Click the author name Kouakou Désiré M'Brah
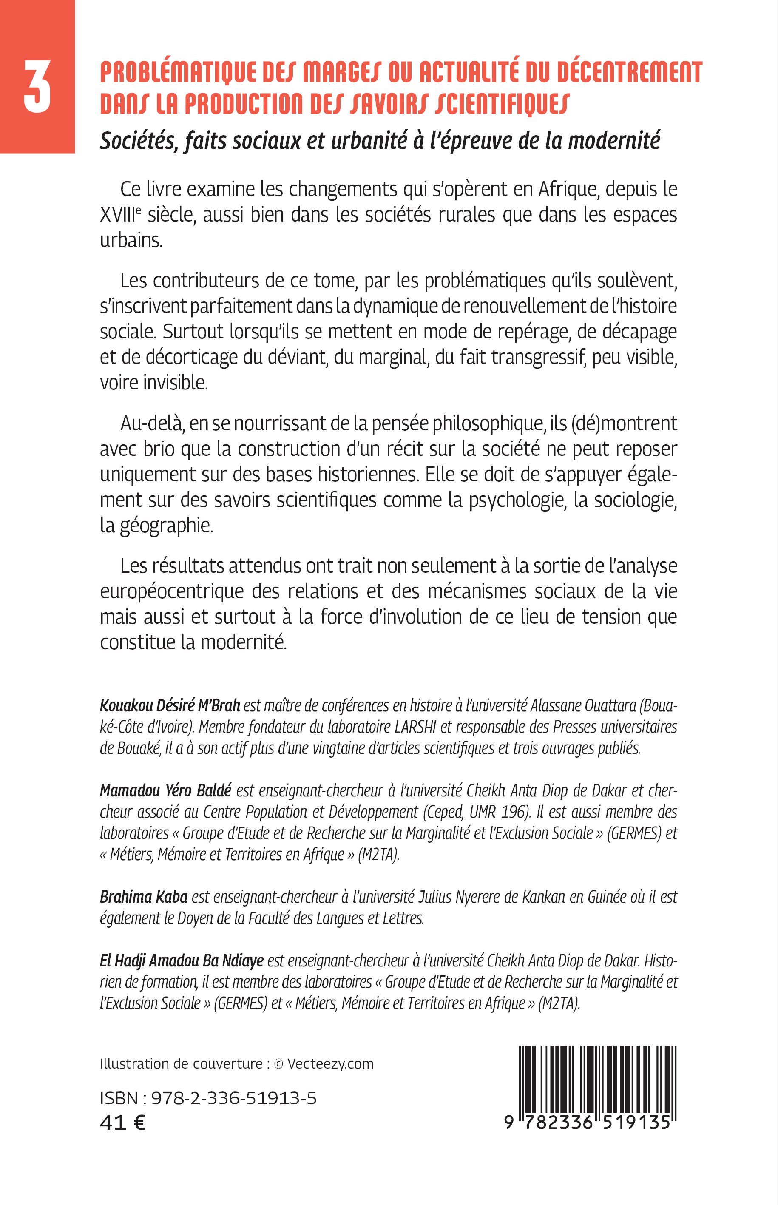tap(170, 705)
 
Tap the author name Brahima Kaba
tap(143, 897)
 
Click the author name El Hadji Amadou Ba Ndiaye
tap(182, 961)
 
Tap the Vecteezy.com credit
tap(330, 1063)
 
